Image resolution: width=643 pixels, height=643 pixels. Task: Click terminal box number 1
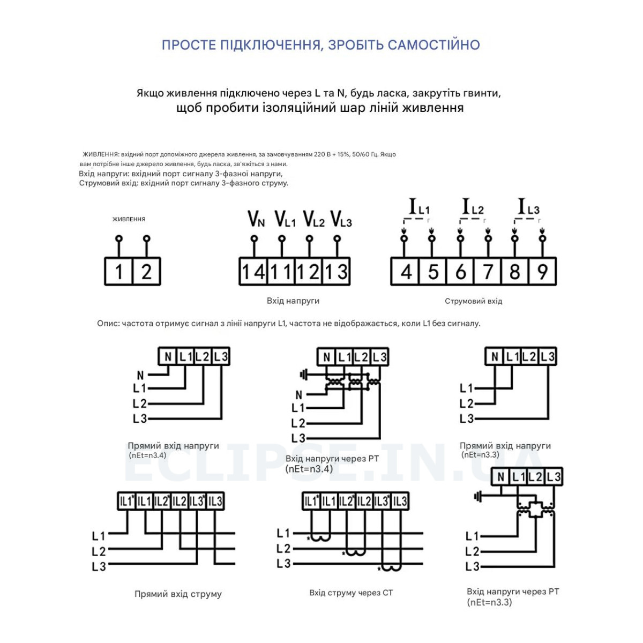(x=118, y=271)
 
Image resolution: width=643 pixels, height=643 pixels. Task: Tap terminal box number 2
(x=147, y=271)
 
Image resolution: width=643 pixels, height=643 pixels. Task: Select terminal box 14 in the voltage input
(x=253, y=271)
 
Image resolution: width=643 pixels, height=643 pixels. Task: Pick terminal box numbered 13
(x=337, y=271)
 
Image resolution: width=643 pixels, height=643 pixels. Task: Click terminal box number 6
(x=460, y=271)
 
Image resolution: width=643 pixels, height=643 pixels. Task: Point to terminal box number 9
(x=543, y=271)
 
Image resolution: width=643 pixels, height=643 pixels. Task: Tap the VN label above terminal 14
(x=256, y=219)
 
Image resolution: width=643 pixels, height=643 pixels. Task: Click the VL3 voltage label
(x=341, y=219)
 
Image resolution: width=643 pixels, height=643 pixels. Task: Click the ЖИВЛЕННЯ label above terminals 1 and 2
(x=129, y=219)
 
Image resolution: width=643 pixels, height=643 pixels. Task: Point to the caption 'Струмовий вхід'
(x=473, y=301)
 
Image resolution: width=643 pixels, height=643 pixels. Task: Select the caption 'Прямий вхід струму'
(x=178, y=594)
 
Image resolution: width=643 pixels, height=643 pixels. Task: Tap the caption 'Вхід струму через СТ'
(x=350, y=593)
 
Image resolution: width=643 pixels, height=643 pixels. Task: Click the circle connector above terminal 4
(x=405, y=238)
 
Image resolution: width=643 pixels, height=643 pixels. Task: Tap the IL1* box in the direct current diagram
(x=126, y=501)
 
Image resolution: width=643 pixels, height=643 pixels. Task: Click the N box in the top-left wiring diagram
(x=168, y=356)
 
